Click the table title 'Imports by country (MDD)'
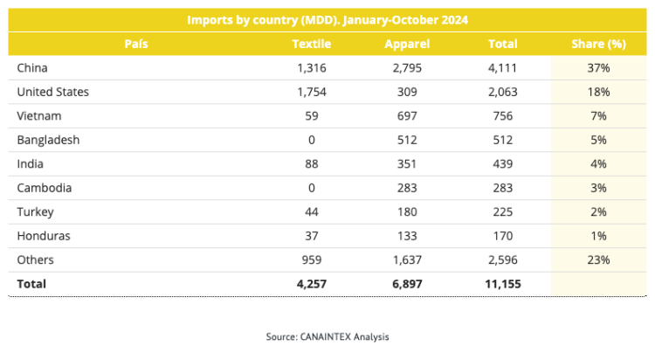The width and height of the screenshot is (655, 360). (x=263, y=20)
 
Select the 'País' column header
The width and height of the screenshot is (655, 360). (x=136, y=44)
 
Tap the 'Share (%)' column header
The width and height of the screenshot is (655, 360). (x=598, y=44)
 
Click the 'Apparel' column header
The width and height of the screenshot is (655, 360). (x=407, y=44)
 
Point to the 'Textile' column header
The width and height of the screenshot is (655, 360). (x=311, y=44)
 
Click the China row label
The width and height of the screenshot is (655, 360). (x=32, y=68)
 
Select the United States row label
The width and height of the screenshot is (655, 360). (x=53, y=92)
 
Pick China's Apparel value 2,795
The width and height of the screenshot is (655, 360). (x=407, y=68)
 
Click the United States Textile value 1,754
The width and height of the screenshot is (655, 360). (x=312, y=92)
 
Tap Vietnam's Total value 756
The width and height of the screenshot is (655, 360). (x=502, y=116)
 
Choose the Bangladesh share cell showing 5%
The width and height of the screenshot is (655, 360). (x=598, y=140)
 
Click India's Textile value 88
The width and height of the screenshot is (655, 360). (x=312, y=164)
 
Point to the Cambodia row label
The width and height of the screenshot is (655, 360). (x=45, y=188)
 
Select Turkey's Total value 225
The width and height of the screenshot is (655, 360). (x=502, y=212)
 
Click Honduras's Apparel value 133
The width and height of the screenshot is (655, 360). (x=407, y=236)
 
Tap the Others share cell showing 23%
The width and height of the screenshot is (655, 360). (x=598, y=260)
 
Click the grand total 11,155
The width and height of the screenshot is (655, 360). (x=503, y=284)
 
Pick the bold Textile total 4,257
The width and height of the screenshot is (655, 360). (x=312, y=284)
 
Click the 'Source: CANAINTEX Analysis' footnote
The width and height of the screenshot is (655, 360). (x=327, y=336)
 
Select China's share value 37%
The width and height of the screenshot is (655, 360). (x=598, y=68)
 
